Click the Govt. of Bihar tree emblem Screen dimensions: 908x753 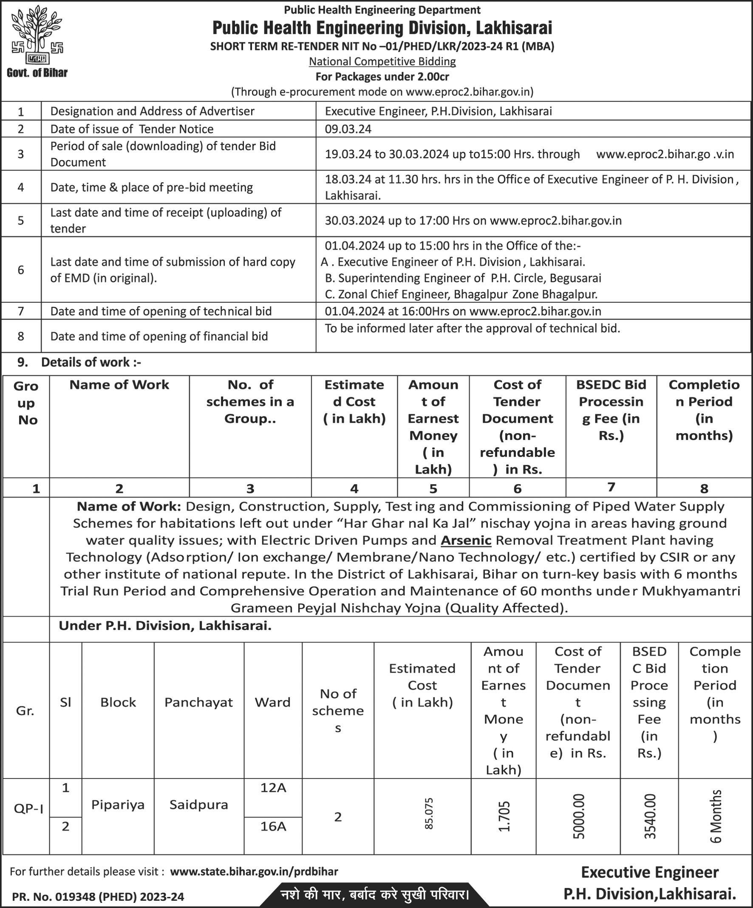pos(37,37)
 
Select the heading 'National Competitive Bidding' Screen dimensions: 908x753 pos(382,62)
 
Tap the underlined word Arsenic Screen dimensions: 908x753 pos(466,540)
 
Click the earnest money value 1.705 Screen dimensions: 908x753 pos(504,816)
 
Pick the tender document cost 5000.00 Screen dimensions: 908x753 pos(578,816)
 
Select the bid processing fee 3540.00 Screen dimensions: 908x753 pos(650,816)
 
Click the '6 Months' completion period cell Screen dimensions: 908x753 pos(716,816)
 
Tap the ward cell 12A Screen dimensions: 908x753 pos(273,788)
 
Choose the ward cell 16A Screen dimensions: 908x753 pos(273,826)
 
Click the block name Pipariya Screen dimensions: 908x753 pos(118,805)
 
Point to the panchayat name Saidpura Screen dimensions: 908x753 pos(198,805)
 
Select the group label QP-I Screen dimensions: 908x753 pos(28,809)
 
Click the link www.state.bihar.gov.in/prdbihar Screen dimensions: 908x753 pos(254,871)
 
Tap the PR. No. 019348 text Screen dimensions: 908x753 pos(98,897)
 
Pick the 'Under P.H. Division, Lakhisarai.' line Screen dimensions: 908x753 pos(165,626)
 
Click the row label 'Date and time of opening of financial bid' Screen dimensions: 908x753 pos(159,336)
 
